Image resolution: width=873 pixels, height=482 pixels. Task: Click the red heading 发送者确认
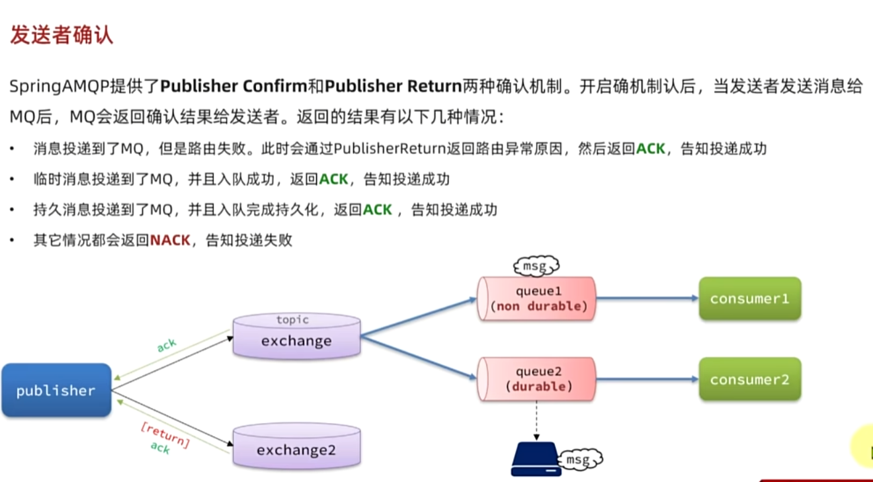tap(61, 35)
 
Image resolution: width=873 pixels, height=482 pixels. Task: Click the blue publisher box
tap(56, 390)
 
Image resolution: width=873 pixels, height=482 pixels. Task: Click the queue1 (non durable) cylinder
tap(536, 299)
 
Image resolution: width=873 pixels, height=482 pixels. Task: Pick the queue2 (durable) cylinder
tap(536, 379)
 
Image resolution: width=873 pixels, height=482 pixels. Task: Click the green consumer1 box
tap(749, 299)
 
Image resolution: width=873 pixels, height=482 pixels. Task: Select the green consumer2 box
tap(749, 380)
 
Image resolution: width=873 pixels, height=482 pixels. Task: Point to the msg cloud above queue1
tap(536, 266)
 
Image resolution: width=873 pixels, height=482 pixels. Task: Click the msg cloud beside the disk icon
tap(581, 458)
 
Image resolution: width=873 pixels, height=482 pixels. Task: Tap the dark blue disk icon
tap(536, 460)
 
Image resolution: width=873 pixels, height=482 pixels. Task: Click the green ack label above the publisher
tap(167, 346)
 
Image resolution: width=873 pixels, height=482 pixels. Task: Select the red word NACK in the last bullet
tap(170, 240)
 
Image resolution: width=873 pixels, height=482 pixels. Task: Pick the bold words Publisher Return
tap(393, 87)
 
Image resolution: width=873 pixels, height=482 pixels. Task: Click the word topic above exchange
tap(292, 320)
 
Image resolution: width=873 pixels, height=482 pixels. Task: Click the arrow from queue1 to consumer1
tap(647, 299)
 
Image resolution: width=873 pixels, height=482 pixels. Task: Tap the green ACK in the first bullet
tap(650, 149)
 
